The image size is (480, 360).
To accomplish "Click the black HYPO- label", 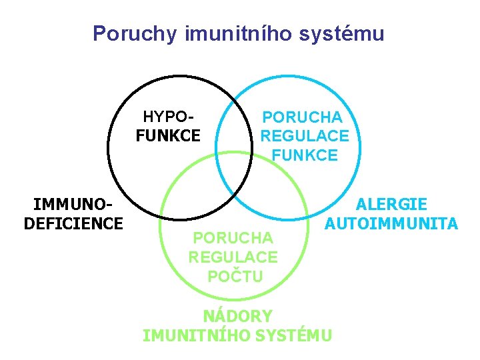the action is (167, 117).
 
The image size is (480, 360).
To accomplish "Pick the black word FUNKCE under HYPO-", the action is (167, 136).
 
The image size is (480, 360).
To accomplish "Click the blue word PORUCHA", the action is (302, 117).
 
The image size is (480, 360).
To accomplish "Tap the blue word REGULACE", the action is (304, 136).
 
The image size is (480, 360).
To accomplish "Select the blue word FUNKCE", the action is (304, 155).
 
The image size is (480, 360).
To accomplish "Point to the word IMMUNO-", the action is (73, 205).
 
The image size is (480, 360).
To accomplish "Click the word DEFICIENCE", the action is (73, 223).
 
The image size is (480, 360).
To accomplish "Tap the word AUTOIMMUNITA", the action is (391, 223).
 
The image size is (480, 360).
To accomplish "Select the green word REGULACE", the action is (233, 257).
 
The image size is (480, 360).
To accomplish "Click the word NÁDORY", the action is (237, 315).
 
